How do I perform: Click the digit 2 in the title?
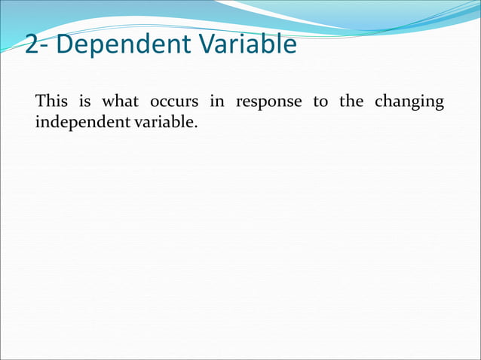34,46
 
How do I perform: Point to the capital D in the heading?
66,44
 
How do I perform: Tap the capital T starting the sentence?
41,102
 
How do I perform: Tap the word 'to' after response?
320,102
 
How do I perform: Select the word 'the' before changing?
351,102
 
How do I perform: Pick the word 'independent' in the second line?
81,122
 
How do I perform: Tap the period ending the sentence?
195,125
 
